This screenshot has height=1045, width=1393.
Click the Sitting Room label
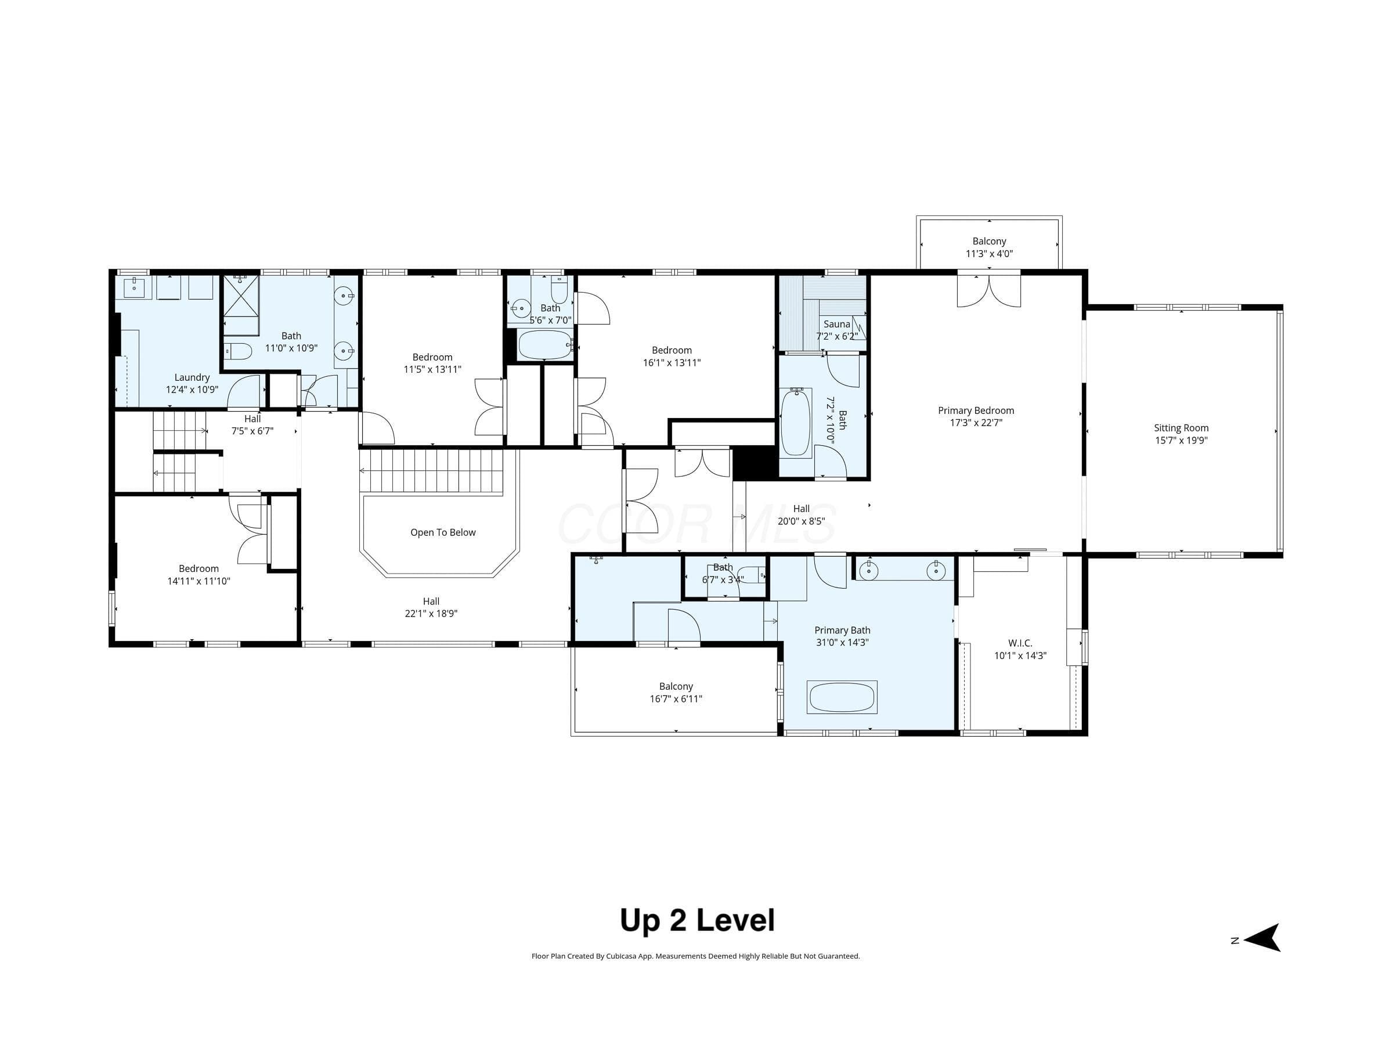(1181, 428)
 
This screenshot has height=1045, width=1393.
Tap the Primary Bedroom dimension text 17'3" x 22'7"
(976, 423)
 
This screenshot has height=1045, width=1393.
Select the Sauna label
(837, 324)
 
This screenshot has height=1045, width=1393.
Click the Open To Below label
(443, 532)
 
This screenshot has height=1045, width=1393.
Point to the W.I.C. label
(1020, 643)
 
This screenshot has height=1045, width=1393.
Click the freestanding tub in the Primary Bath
(842, 697)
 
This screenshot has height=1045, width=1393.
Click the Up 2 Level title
(697, 920)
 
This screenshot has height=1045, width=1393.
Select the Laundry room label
(192, 377)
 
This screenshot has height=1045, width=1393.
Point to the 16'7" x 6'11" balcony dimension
(676, 698)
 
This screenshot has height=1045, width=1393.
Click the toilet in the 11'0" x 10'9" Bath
(239, 350)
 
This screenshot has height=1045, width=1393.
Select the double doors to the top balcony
(988, 290)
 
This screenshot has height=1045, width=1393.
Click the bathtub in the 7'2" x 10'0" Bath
(796, 421)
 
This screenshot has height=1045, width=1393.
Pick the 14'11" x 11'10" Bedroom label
(199, 575)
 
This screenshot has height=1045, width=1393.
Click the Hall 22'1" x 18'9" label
(431, 607)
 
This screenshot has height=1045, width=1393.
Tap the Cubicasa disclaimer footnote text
(696, 956)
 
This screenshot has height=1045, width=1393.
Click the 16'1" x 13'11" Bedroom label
(672, 356)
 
